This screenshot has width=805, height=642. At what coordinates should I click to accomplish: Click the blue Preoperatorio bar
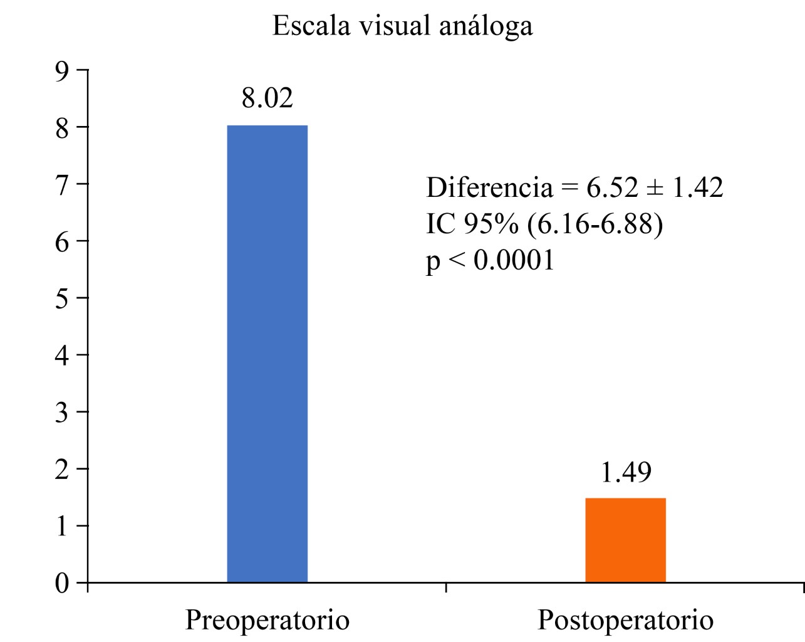[x=267, y=354]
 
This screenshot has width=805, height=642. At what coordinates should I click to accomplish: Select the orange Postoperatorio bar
[x=625, y=540]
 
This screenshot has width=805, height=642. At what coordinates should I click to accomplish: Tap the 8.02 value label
[x=267, y=98]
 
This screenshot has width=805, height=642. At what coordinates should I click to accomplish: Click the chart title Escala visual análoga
[x=402, y=26]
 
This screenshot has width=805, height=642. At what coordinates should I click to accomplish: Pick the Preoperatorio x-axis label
[x=267, y=620]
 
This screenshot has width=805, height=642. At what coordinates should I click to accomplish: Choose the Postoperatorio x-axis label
[x=625, y=620]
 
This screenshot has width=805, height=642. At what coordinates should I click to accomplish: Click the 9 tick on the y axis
[x=61, y=70]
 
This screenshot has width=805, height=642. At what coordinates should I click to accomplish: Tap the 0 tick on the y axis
[x=61, y=583]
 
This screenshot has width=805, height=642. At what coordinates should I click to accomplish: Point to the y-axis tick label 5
[x=61, y=298]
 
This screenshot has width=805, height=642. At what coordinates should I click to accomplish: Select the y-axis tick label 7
[x=61, y=184]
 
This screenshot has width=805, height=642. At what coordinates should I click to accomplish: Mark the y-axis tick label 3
[x=61, y=412]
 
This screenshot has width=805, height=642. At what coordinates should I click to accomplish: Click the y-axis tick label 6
[x=61, y=241]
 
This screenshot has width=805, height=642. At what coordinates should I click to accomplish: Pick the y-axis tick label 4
[x=61, y=355]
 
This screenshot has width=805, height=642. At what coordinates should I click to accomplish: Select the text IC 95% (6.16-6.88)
[x=544, y=224]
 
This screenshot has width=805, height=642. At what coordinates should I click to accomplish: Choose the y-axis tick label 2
[x=61, y=469]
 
